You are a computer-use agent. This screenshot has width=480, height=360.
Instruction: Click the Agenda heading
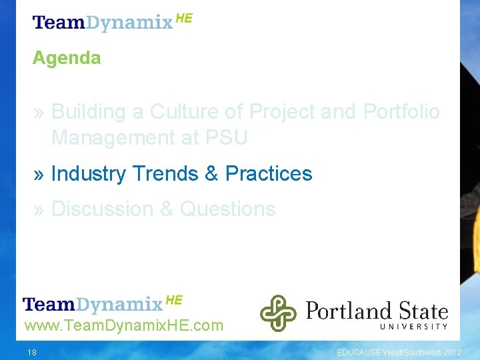point(67,58)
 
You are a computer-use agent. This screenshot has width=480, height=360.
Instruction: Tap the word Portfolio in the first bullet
point(401,111)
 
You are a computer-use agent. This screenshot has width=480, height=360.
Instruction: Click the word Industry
point(88,173)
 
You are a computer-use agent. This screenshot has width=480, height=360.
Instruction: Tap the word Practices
point(269,173)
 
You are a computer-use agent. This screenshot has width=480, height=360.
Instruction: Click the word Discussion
point(103,209)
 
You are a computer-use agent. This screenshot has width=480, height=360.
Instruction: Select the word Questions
point(227,209)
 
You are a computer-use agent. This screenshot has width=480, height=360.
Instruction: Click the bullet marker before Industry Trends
point(39,174)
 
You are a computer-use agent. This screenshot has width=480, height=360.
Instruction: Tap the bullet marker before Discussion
point(39,209)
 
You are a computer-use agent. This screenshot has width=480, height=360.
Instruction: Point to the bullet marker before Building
point(39,112)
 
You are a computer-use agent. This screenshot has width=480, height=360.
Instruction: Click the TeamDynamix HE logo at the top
point(112,21)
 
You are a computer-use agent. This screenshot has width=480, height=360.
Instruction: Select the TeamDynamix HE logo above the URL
point(102,304)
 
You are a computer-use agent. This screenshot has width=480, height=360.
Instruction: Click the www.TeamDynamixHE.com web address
point(123,326)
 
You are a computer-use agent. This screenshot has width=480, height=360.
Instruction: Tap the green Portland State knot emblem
point(277,313)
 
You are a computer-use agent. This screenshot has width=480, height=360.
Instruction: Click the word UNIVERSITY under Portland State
point(413,326)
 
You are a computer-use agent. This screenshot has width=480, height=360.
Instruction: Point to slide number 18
point(32,352)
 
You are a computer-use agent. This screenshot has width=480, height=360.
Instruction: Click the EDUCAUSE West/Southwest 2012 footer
point(398,352)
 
